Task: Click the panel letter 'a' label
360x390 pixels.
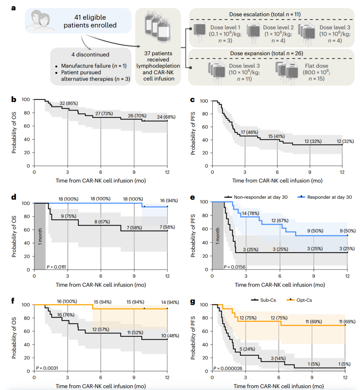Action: tap(13, 8)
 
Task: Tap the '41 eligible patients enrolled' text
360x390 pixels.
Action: tap(90, 21)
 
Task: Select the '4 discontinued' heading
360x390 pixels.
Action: tap(90, 55)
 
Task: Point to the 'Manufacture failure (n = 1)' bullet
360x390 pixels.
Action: tap(94, 66)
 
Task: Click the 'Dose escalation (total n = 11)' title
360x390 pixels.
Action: tap(265, 14)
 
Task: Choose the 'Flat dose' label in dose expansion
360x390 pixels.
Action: tap(316, 66)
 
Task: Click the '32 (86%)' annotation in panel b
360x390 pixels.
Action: tap(69, 103)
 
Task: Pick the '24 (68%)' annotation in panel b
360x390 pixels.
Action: tap(166, 117)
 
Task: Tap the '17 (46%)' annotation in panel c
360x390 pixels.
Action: tap(249, 132)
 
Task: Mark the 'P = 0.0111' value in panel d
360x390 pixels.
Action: tap(56, 267)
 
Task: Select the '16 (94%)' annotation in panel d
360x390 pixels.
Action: tap(169, 200)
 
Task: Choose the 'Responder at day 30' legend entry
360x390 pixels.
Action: tap(329, 197)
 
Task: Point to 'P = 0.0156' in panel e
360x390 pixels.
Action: tap(234, 267)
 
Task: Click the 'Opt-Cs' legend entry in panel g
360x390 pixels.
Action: tap(304, 300)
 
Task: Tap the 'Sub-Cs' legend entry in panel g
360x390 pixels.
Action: tap(268, 300)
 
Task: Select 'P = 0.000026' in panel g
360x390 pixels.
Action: tap(228, 368)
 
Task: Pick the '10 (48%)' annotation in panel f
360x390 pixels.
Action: tap(170, 336)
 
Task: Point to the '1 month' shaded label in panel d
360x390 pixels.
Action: tap(40, 236)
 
